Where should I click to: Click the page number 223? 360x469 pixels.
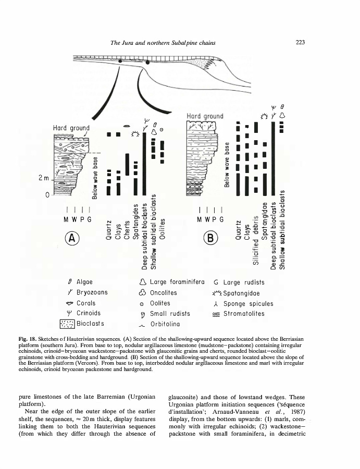pyautogui.click(x=300, y=43)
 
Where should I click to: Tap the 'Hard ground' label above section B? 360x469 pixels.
pyautogui.click(x=205, y=116)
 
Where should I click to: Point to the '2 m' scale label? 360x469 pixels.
pyautogui.click(x=43, y=179)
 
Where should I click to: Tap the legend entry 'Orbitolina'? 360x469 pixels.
pyautogui.click(x=167, y=324)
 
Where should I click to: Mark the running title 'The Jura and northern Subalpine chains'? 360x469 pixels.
pyautogui.click(x=164, y=43)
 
